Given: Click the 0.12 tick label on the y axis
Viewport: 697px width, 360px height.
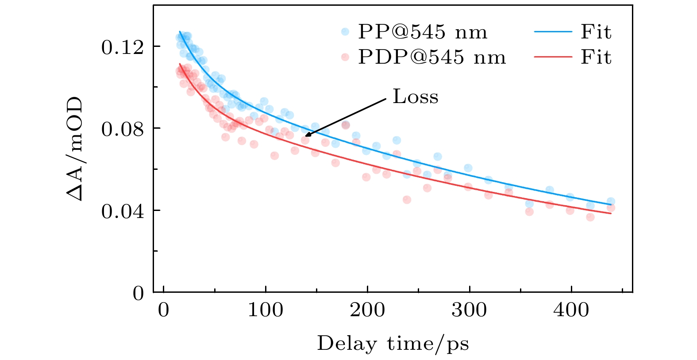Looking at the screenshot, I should pos(116,47).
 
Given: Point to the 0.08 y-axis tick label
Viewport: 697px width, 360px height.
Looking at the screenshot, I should pos(116,129).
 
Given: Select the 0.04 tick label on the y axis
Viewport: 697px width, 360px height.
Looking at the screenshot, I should pos(116,211).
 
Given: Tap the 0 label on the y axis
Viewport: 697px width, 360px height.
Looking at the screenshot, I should pos(139,293).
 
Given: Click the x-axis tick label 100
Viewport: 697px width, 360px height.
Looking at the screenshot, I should pos(265,310).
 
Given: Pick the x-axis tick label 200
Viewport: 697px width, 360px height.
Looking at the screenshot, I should pos(367,310).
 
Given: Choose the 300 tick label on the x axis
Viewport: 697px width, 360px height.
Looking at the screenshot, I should pos(469,310).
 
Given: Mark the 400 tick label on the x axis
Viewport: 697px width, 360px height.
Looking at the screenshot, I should pos(571,310).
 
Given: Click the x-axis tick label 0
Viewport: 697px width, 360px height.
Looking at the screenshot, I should pos(164,310).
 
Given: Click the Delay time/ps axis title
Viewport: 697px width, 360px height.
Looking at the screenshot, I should pos(393,344).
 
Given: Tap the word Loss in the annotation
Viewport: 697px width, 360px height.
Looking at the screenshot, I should pos(416,97).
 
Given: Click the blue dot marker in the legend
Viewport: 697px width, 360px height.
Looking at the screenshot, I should pos(345,32).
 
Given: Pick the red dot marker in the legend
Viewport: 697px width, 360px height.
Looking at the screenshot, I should pos(345,57).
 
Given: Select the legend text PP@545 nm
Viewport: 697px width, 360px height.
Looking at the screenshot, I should pos(423,32).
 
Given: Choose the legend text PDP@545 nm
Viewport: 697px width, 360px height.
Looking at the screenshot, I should pos(432,57).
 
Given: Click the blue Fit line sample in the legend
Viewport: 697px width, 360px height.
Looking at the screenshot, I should pos(553,32).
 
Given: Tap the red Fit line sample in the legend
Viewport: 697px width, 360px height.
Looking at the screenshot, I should pos(553,57).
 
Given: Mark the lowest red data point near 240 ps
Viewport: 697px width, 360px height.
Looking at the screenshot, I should pos(407,199).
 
